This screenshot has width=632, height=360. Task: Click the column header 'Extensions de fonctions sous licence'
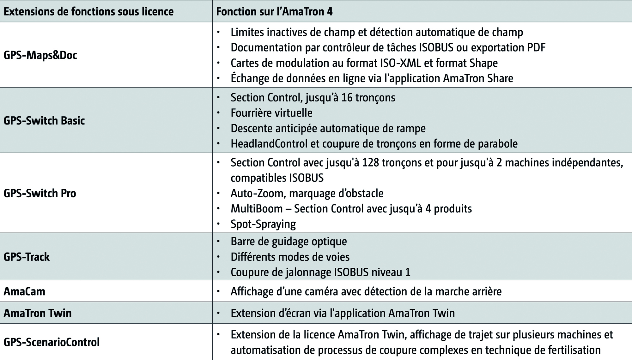[88, 12]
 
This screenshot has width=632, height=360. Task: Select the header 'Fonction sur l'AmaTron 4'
[274, 12]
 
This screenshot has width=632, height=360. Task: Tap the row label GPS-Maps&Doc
[40, 55]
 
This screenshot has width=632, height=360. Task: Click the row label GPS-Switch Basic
[44, 121]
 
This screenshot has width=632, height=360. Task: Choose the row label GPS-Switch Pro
[40, 193]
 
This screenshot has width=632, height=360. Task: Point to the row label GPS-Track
[27, 257]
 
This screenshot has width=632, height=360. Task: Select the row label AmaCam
[24, 291]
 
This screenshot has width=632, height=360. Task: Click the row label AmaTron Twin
[38, 313]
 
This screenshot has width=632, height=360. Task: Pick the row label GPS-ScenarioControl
[52, 342]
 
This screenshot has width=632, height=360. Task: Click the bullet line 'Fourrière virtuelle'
[271, 113]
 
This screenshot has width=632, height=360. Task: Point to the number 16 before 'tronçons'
[347, 98]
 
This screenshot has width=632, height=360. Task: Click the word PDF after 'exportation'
[536, 48]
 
